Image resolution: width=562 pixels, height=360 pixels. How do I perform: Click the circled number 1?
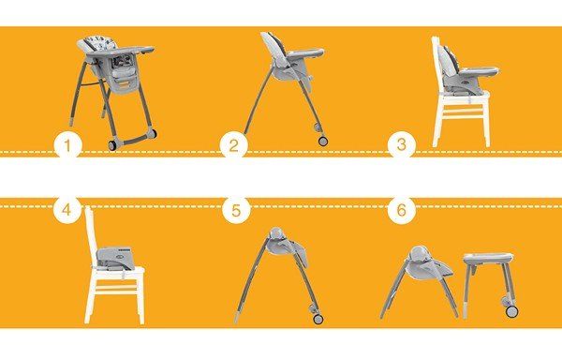[x=67, y=145]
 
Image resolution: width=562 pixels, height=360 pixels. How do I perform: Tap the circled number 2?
[x=233, y=145]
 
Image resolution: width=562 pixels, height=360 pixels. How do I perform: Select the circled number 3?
[x=402, y=145]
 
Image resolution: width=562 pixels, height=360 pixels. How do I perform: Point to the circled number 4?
[x=67, y=210]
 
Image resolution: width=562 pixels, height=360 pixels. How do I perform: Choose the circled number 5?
[x=236, y=211]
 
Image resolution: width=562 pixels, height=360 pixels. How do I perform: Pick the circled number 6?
[x=402, y=210]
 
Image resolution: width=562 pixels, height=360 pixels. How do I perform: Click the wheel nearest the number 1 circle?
[x=112, y=145]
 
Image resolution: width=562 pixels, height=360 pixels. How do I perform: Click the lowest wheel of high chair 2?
[x=323, y=141]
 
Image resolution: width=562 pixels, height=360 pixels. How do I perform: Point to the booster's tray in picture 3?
[x=479, y=71]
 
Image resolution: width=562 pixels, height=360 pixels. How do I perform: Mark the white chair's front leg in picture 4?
[x=140, y=298]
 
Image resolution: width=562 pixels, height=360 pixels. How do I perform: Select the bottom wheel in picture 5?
[x=318, y=319]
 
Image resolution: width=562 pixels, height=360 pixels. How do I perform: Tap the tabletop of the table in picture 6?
[x=488, y=257]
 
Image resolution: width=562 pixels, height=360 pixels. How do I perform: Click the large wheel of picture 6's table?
[x=512, y=311]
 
